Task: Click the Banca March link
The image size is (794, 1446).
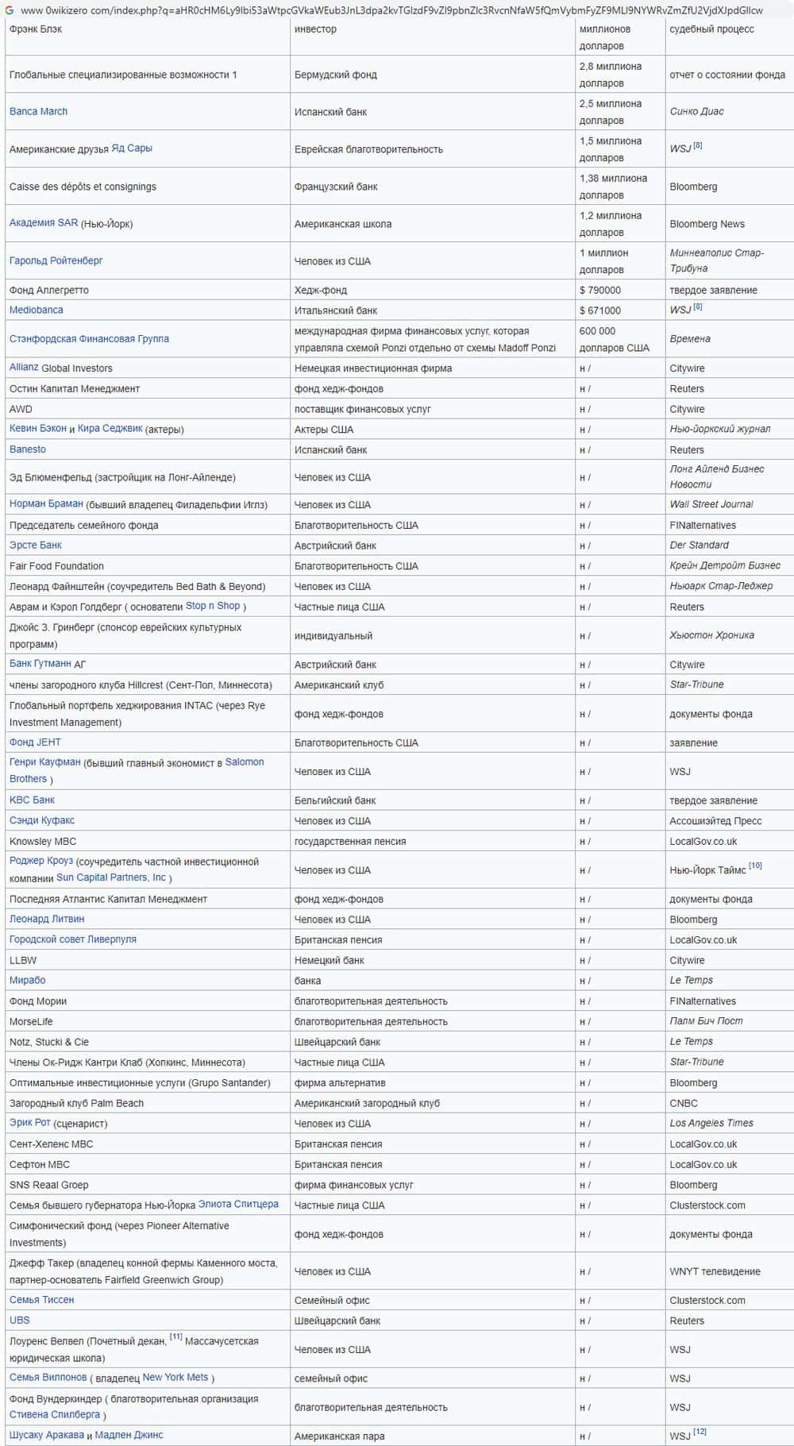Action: [x=38, y=111]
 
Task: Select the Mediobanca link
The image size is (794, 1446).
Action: [x=36, y=310]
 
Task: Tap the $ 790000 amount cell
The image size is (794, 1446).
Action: [x=600, y=290]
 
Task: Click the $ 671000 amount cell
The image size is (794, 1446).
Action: [x=600, y=310]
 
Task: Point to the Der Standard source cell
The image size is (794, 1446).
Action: [x=699, y=545]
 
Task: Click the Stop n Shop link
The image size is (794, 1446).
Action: [x=212, y=606]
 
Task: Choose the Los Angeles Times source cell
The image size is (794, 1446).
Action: [x=711, y=1123]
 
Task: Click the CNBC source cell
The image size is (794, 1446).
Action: [x=684, y=1103]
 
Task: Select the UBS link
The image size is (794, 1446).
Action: [x=19, y=1320]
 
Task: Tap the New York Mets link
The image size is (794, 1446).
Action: [x=175, y=1377]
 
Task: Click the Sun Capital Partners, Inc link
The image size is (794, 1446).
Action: [x=111, y=877]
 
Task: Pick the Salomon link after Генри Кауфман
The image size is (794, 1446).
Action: [x=244, y=762]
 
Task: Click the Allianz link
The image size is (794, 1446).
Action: [x=24, y=367]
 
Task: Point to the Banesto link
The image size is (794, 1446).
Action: [x=28, y=449]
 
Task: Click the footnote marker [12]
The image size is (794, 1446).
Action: [x=700, y=1431]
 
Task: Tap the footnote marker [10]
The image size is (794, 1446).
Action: [x=755, y=865]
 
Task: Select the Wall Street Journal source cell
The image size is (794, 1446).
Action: [x=711, y=504]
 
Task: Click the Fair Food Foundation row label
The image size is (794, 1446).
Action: [x=56, y=566]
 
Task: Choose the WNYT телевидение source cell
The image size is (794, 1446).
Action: [x=715, y=1271]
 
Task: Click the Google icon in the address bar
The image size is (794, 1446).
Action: [x=10, y=10]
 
